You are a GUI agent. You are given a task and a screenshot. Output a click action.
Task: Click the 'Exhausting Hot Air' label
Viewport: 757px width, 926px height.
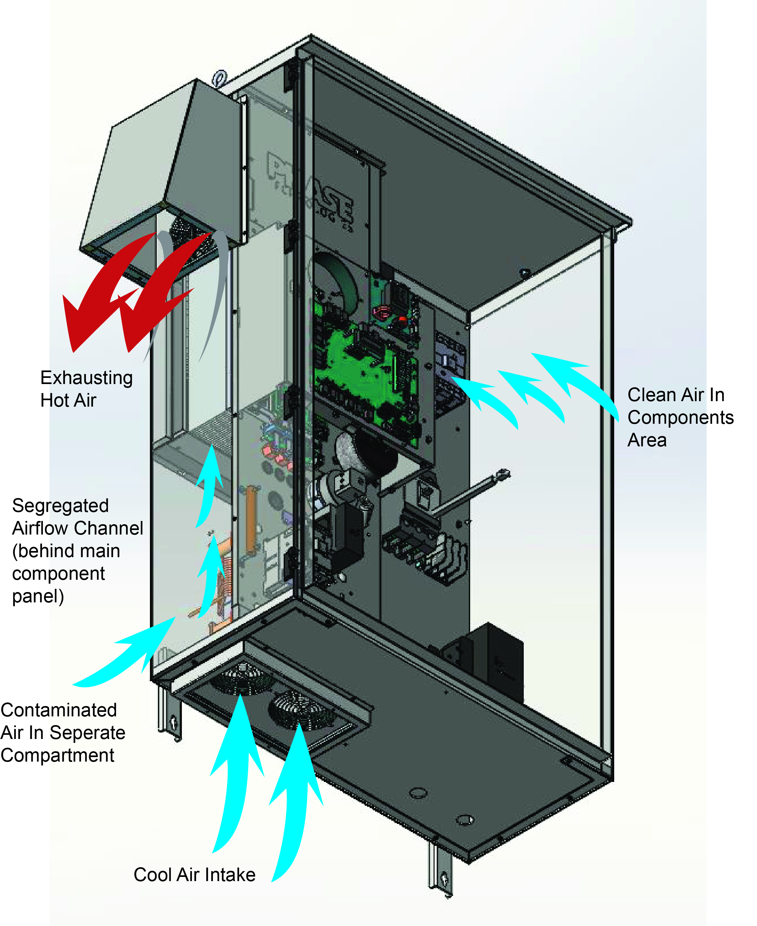coord(86,389)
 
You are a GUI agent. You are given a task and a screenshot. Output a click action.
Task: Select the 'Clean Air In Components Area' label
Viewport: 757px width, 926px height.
coord(680,417)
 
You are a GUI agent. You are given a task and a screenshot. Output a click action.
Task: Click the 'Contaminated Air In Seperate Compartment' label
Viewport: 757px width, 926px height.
coord(62,733)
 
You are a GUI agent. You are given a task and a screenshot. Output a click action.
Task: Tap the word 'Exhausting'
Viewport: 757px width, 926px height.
coord(86,378)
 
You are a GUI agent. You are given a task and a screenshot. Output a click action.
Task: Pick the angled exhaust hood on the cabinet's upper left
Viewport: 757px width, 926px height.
coord(161,166)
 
